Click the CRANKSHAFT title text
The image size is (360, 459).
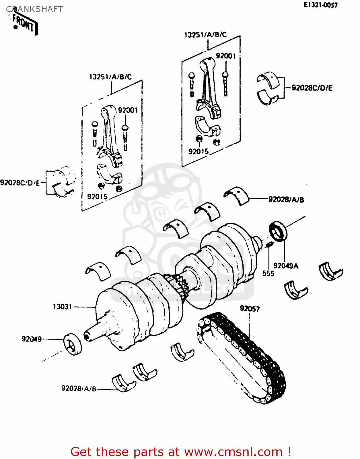[34, 9]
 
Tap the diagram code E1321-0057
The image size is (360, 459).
[321, 5]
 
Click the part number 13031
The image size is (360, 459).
[62, 307]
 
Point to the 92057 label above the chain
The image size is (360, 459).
[250, 308]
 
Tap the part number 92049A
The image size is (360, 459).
[286, 266]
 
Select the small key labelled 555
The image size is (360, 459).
[269, 244]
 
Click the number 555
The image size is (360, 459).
[268, 273]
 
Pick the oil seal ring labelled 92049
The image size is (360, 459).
[73, 344]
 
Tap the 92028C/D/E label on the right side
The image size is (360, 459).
[312, 88]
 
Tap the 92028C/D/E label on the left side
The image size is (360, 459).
[20, 183]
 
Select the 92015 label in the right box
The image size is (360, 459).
[198, 151]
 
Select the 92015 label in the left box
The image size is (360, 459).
[97, 197]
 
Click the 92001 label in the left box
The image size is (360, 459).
[128, 110]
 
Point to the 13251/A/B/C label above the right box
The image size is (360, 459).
[205, 35]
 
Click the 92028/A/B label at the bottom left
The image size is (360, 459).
[79, 388]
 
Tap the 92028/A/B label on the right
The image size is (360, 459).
[286, 200]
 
